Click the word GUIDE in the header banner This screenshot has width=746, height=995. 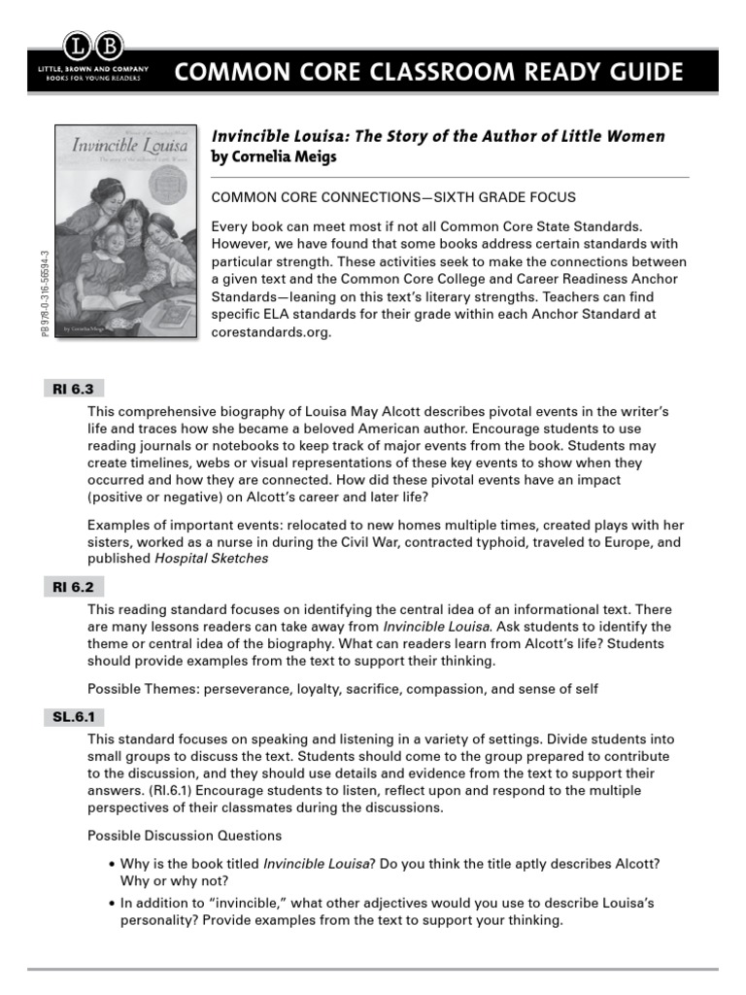(x=636, y=73)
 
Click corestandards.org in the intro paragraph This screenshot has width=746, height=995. (x=271, y=331)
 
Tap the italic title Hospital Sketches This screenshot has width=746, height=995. (x=211, y=559)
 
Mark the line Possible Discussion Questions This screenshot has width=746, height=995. (x=185, y=836)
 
